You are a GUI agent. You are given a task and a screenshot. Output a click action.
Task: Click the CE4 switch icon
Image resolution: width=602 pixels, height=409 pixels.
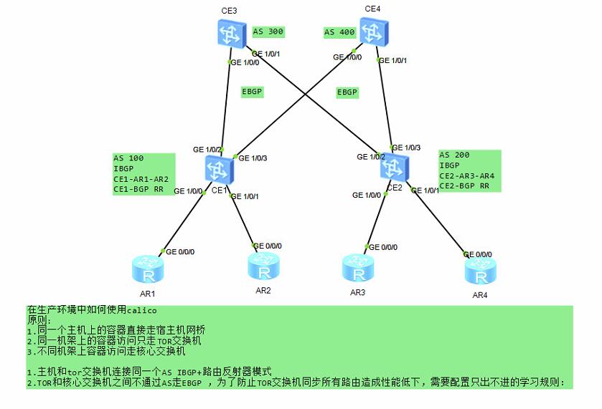point(372,32)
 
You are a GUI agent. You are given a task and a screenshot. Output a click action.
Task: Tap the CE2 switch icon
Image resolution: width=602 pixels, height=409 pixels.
point(392,167)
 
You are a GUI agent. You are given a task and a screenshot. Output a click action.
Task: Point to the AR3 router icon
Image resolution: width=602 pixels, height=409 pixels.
point(357,268)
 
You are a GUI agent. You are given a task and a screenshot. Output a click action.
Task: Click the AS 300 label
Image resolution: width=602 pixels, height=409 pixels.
point(268,32)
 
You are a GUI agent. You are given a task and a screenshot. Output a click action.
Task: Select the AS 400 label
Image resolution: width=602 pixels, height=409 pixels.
point(339,32)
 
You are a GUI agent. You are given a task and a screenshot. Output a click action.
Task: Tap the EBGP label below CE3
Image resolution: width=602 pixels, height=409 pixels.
point(253,92)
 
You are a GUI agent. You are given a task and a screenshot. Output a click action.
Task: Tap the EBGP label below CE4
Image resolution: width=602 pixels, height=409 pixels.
point(347,92)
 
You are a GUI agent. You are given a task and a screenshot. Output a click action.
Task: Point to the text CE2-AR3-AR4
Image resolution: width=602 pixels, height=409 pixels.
point(466,175)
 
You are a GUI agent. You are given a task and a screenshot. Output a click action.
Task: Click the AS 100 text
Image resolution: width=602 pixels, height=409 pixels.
point(129,158)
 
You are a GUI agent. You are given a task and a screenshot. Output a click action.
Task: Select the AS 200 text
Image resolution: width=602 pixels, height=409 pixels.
point(455,155)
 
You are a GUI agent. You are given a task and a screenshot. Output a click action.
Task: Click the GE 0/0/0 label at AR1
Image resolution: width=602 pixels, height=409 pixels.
point(180,251)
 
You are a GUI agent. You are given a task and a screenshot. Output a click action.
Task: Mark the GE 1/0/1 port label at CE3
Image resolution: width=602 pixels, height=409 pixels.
point(265,53)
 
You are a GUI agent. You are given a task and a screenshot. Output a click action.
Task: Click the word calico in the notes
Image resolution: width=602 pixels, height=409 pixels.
point(141,310)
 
